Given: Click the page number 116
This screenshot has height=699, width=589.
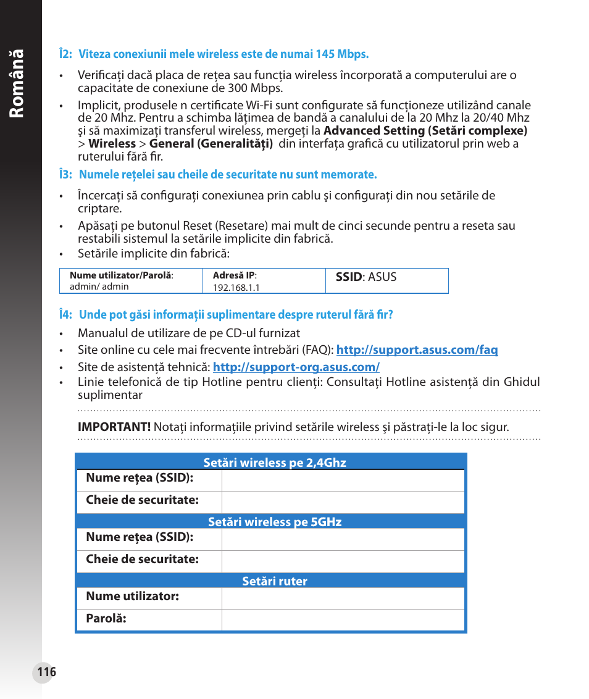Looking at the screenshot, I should pos(46,672).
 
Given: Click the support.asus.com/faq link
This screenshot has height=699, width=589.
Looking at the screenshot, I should pos(417,350).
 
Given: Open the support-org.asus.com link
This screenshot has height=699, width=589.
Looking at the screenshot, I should pos(296,367).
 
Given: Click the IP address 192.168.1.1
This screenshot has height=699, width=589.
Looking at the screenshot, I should pos(236,288).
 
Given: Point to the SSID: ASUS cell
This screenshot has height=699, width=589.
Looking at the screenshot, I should pos(366,277).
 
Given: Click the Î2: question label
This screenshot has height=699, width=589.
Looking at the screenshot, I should pos(66,54).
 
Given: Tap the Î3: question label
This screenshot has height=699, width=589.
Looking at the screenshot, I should pos(66,175).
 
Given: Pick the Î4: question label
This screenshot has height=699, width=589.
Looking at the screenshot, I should pos(66,315).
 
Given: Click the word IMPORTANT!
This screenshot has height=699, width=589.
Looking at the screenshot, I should pos(114,427).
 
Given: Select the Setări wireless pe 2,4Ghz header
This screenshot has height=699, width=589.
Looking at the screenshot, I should pos(275,463).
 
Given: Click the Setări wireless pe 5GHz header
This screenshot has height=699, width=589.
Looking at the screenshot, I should pos(275,522).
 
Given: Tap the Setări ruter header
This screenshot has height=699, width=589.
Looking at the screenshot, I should pos(275,582).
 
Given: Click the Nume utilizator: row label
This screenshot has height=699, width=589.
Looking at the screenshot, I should pos(133,596).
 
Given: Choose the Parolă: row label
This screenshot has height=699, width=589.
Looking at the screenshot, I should pos(106,619).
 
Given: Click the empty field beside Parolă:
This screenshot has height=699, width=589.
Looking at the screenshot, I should pos(343,620).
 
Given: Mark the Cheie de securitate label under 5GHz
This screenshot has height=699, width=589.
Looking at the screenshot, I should pos(142,559).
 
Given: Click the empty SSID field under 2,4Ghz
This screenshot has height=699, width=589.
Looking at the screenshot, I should pos(343,480).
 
